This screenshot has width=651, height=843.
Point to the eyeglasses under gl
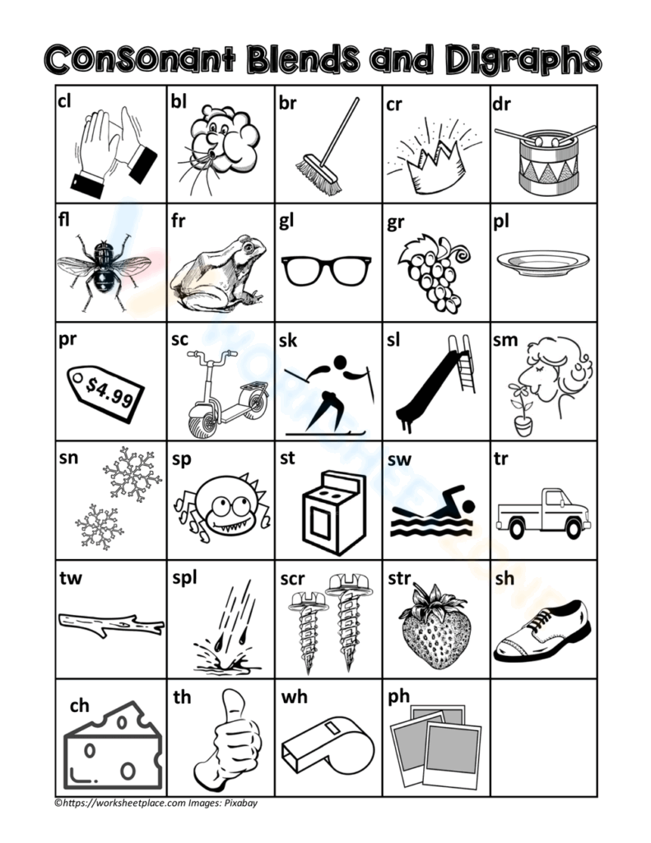coord(326,270)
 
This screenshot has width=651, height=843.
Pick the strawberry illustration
coord(435,629)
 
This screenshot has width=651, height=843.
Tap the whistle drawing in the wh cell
coord(328,750)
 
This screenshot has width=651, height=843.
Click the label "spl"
coord(184,579)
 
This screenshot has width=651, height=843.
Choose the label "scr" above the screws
coord(292,580)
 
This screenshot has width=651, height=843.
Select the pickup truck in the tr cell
coord(543,510)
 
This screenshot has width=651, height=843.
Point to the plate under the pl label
coord(543,263)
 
